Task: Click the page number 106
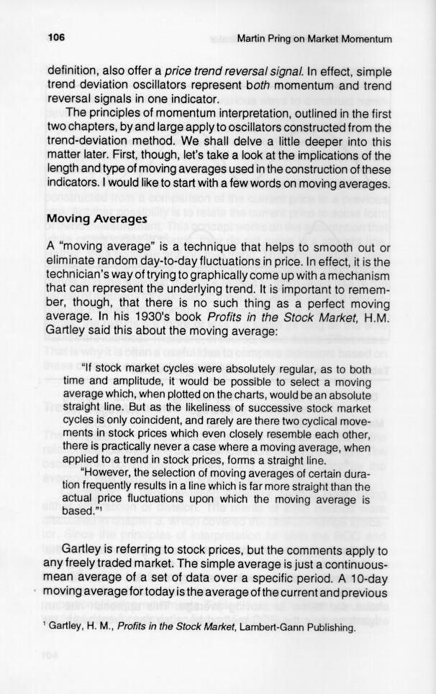point(56,38)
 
